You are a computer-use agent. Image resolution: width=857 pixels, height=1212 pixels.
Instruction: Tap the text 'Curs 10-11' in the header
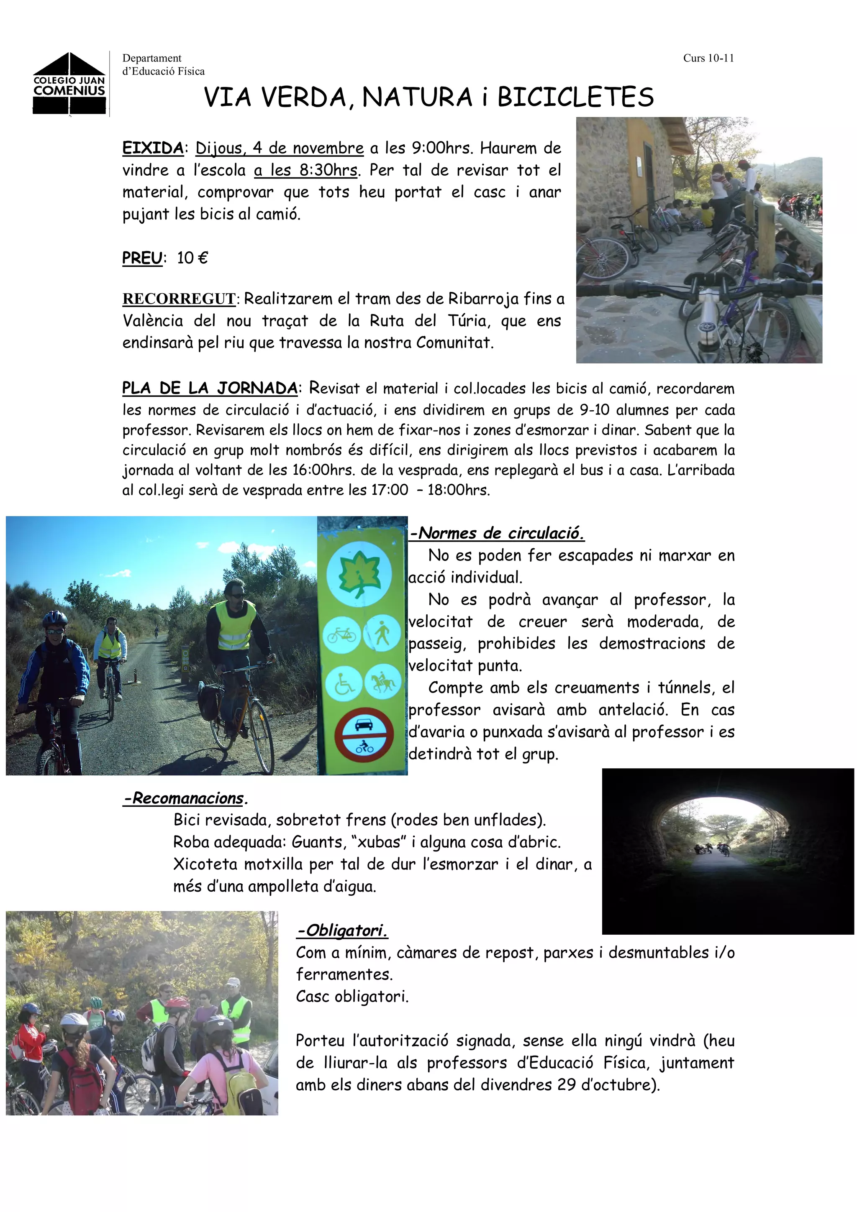pos(708,59)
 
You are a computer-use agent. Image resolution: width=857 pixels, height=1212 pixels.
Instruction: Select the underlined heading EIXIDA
pos(153,148)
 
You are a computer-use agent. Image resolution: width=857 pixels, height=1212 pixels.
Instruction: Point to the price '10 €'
pos(192,258)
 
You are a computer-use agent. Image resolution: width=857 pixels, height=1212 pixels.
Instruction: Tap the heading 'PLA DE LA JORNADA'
pos(210,389)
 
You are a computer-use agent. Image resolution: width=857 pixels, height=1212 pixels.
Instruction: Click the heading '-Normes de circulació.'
pos(497,534)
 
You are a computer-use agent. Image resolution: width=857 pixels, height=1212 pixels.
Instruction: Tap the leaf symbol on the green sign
pos(359,573)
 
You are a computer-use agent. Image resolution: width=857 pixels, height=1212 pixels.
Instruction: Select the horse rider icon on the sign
pos(382,683)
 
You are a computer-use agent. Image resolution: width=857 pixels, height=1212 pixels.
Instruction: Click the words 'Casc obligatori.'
pos(352,997)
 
